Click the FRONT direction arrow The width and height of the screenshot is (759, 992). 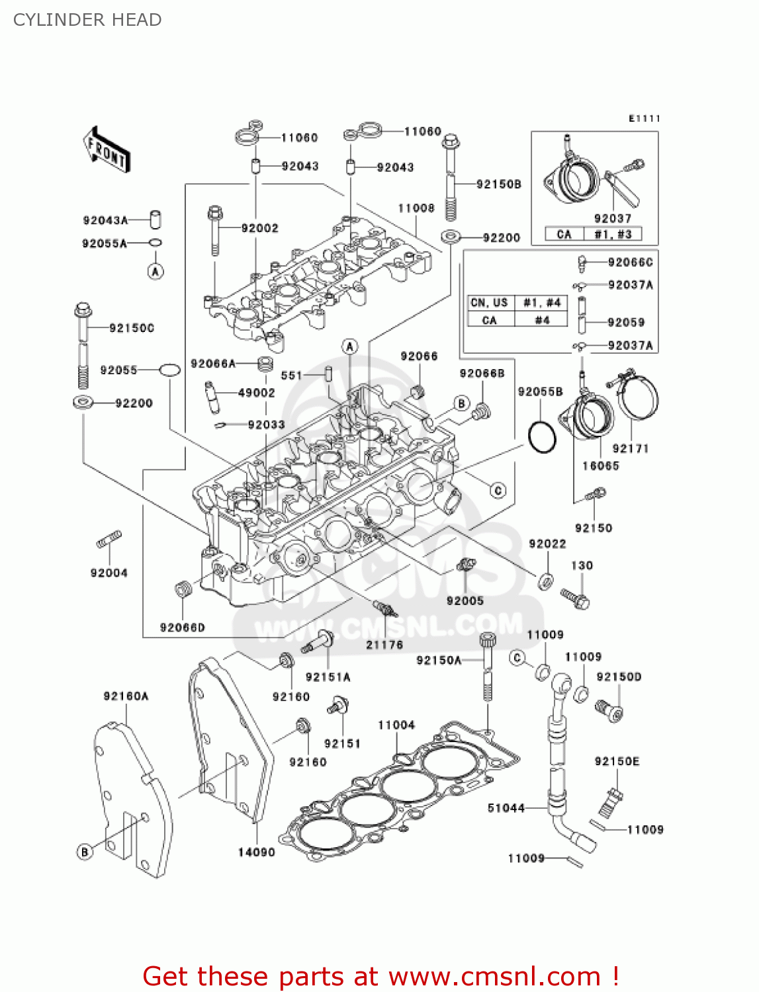pyautogui.click(x=106, y=151)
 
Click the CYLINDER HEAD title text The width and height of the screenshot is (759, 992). pyautogui.click(x=87, y=20)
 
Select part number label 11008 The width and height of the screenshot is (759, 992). pyautogui.click(x=416, y=208)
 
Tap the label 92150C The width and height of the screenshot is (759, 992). pyautogui.click(x=131, y=328)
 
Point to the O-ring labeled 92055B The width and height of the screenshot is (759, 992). pyautogui.click(x=543, y=436)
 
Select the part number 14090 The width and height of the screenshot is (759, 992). pyautogui.click(x=256, y=852)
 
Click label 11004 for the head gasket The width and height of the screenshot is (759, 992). pyautogui.click(x=396, y=725)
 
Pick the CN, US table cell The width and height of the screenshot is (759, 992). pyautogui.click(x=489, y=303)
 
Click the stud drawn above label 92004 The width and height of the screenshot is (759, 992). pyautogui.click(x=109, y=540)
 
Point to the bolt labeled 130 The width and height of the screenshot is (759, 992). pyautogui.click(x=575, y=598)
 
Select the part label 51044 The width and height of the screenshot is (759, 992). pyautogui.click(x=506, y=808)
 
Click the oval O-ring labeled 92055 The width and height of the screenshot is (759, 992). pyautogui.click(x=169, y=370)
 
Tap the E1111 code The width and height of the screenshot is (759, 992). pyautogui.click(x=644, y=119)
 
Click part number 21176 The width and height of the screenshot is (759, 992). pyautogui.click(x=384, y=645)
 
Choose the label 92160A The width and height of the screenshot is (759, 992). pyautogui.click(x=126, y=696)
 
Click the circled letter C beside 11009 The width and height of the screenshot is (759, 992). pyautogui.click(x=517, y=657)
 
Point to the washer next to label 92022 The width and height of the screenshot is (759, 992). pyautogui.click(x=546, y=581)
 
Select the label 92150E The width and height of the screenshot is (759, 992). pyautogui.click(x=617, y=762)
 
